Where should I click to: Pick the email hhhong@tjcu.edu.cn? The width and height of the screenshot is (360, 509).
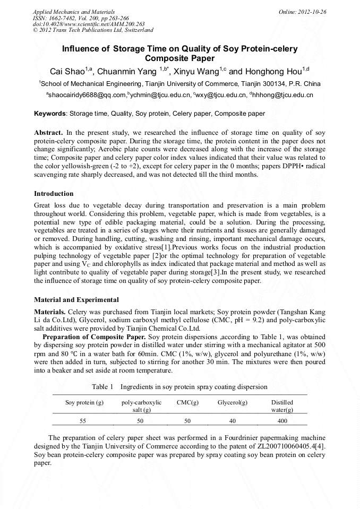tap(284, 96)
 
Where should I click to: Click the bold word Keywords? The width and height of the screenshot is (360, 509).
tap(50, 114)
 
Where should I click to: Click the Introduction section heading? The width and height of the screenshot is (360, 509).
tap(54, 194)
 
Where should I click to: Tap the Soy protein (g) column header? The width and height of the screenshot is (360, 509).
tap(84, 403)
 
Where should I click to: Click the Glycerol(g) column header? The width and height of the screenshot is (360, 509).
tap(233, 403)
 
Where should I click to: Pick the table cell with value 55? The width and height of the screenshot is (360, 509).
tap(83, 421)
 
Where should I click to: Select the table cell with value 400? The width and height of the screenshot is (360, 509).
tap(282, 421)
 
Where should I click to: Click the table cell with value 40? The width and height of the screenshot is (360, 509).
tap(233, 421)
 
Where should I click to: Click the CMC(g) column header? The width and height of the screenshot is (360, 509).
tap(187, 403)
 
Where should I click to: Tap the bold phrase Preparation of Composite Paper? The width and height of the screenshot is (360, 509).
tap(94, 337)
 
